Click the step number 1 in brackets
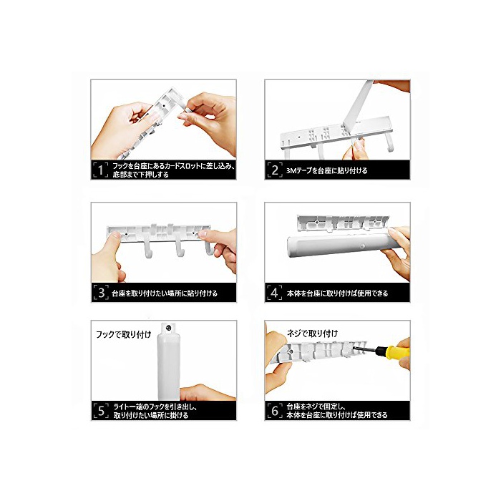point(101,170)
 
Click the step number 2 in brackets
point(275,170)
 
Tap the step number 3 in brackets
point(101,292)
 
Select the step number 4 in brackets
point(274,292)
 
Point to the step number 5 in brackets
point(101,411)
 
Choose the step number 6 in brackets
point(275,411)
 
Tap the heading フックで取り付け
point(124,334)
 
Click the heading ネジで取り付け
point(312,334)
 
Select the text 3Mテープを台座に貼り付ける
point(327,170)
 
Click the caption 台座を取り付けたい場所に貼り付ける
point(165,293)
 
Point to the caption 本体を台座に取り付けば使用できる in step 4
point(337,293)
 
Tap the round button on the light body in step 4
point(362,246)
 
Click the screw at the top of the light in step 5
point(169,328)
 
